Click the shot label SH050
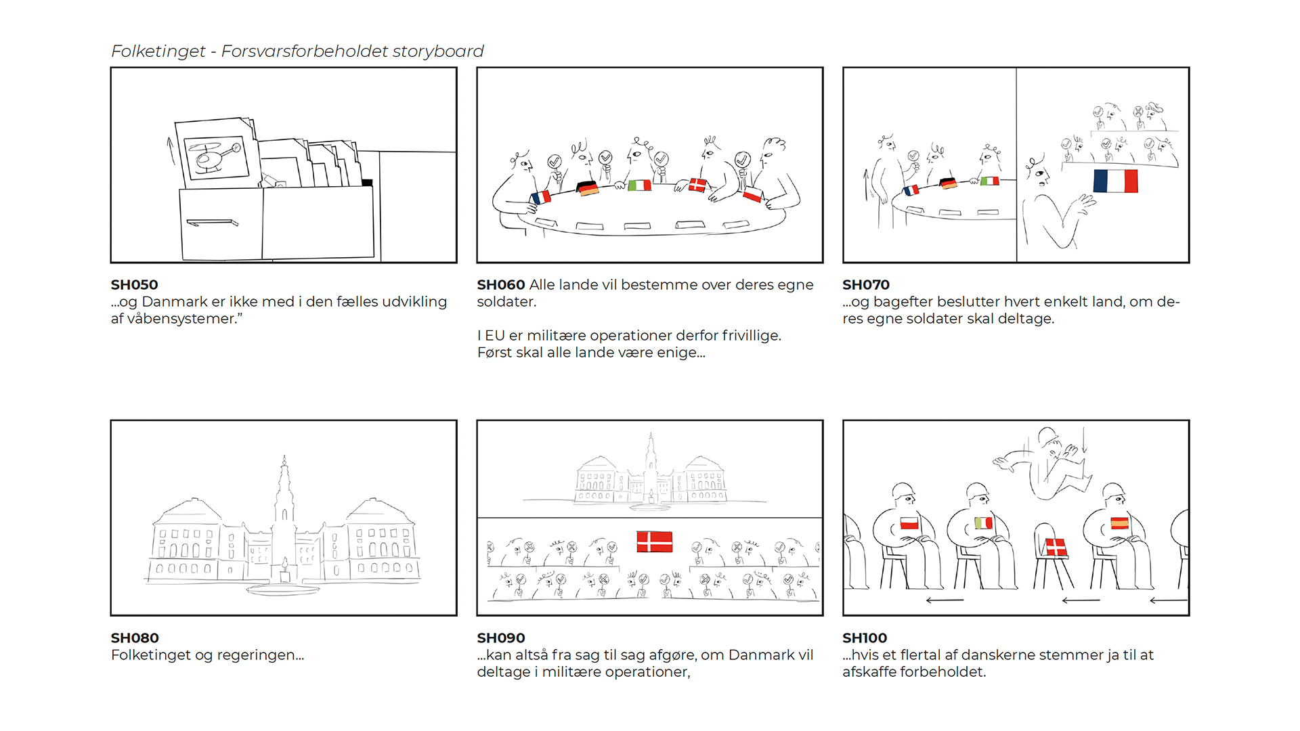pyautogui.click(x=134, y=285)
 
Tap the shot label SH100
pyautogui.click(x=865, y=638)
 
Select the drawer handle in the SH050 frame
pyautogui.click(x=212, y=223)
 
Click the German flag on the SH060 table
pyautogui.click(x=587, y=188)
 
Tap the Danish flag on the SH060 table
pyautogui.click(x=697, y=185)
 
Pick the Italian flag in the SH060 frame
pyautogui.click(x=639, y=185)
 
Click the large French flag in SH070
pyautogui.click(x=1115, y=181)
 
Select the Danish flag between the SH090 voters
pyautogui.click(x=654, y=541)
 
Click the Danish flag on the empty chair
pyautogui.click(x=1056, y=547)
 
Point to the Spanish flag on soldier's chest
pyautogui.click(x=1119, y=523)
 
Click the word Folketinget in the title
pyautogui.click(x=158, y=51)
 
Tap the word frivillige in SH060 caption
pyautogui.click(x=750, y=336)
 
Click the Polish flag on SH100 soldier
pyautogui.click(x=909, y=523)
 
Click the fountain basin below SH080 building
pyautogui.click(x=283, y=590)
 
